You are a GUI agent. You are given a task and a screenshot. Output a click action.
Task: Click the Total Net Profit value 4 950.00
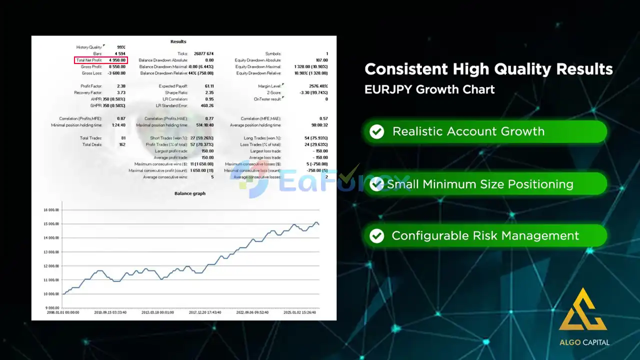coord(117,60)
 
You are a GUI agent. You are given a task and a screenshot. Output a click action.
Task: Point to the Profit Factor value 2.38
coord(120,86)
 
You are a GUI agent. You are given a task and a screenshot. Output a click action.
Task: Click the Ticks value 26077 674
coord(203,53)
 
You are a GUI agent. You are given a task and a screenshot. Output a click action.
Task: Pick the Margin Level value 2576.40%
coord(318,86)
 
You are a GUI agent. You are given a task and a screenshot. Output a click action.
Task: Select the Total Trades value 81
coord(122,138)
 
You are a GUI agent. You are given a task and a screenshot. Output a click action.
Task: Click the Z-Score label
coord(274,92)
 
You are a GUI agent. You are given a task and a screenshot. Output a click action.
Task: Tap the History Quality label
coord(89,47)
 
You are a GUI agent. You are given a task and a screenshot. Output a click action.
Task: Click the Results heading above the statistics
coord(178,41)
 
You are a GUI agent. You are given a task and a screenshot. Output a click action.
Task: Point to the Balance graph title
coord(189,193)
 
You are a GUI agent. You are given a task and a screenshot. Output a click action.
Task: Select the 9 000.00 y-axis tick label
coord(52,308)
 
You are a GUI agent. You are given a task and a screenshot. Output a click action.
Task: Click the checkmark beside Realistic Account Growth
coord(376,131)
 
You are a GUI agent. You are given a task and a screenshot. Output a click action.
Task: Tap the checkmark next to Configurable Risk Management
coord(376,235)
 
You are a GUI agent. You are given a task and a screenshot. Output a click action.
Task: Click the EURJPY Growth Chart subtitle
coord(429,89)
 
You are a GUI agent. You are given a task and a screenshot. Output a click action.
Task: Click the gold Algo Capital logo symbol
coord(583,310)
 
